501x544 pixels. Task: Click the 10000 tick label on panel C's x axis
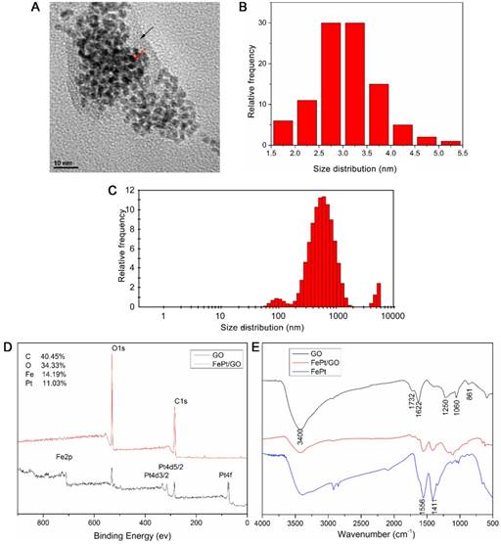pos(392,318)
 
